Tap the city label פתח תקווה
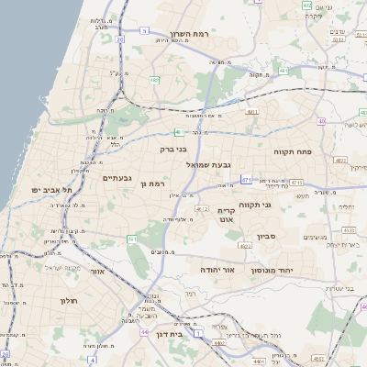[293, 150]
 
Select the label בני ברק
[173, 148]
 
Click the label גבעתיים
[117, 178]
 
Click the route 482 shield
[154, 81]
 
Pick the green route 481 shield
[283, 71]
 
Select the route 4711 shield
[252, 112]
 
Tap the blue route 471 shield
[247, 181]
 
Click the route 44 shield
[143, 331]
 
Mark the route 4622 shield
[245, 244]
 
